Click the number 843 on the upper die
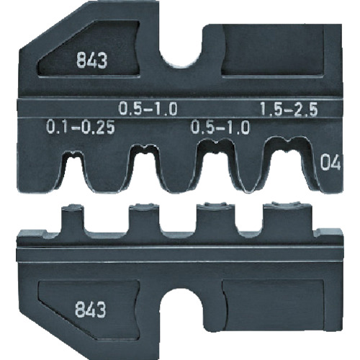92,62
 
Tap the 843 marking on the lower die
92,311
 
